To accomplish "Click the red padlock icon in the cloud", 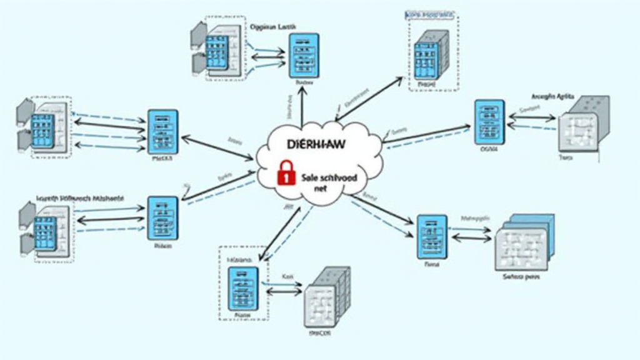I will pyautogui.click(x=285, y=173).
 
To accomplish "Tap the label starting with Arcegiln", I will pyautogui.click(x=552, y=96).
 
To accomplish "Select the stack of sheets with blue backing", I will pyautogui.click(x=524, y=241).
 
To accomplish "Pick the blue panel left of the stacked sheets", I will pyautogui.click(x=432, y=236).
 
